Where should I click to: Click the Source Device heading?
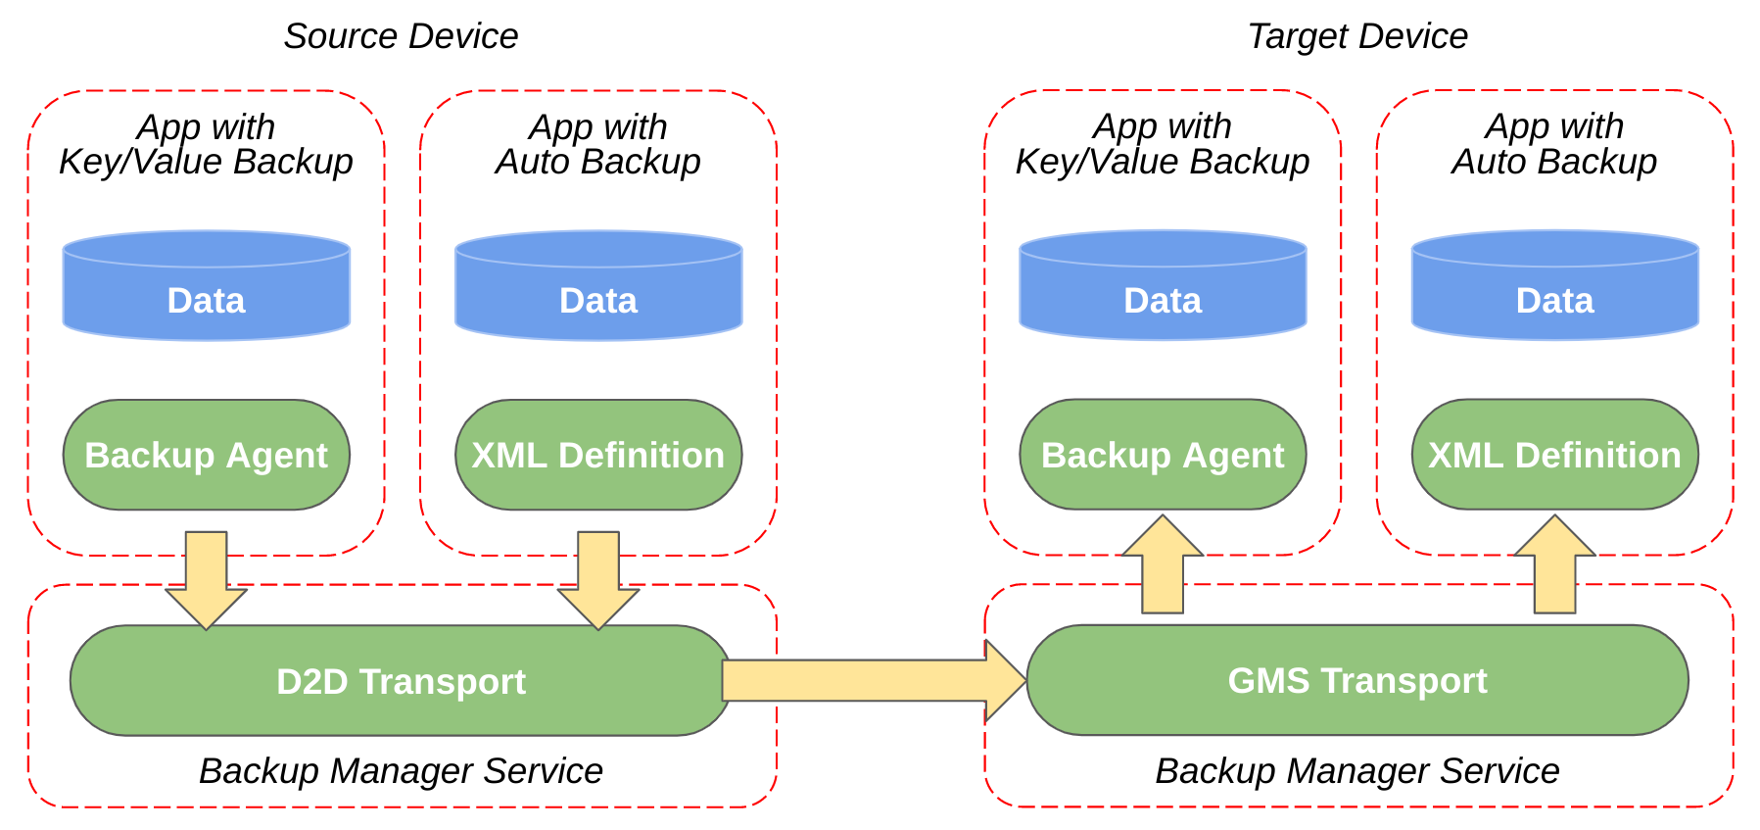coord(401,36)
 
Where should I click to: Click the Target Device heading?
coord(1357,36)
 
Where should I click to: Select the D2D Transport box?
coord(401,681)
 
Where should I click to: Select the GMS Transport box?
coord(1357,680)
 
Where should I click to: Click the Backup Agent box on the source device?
coord(206,455)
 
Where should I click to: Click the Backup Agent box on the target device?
coord(1163,455)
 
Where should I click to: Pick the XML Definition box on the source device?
coord(598,455)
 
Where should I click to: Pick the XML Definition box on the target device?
coord(1554,455)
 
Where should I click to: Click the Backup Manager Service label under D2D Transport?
coord(401,771)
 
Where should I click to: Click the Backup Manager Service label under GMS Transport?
coord(1357,771)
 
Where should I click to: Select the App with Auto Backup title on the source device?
coord(598,144)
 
